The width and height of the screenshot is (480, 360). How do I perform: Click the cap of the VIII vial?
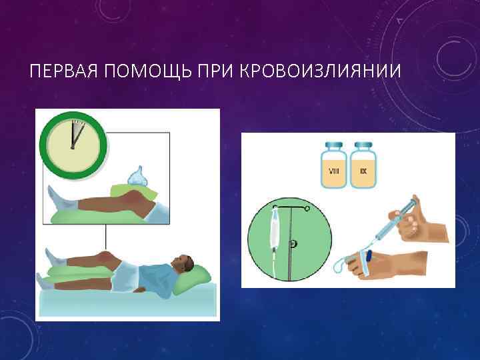point(334,145)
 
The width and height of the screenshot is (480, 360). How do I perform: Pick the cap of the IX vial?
point(363,145)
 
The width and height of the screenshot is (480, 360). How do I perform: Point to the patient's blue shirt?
point(150,273)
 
